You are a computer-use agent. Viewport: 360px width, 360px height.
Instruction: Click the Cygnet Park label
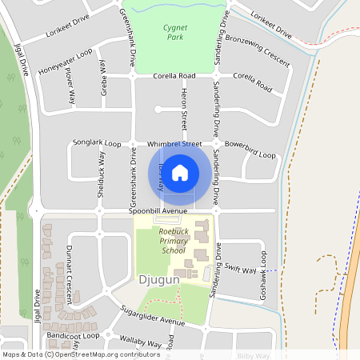pyautogui.click(x=175, y=31)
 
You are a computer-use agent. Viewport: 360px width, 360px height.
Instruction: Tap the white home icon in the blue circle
pyautogui.click(x=181, y=172)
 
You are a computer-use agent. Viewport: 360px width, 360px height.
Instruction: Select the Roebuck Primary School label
pyautogui.click(x=172, y=241)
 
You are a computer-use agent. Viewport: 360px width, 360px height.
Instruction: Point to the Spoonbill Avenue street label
pyautogui.click(x=159, y=211)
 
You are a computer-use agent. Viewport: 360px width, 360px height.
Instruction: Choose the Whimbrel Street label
pyautogui.click(x=174, y=144)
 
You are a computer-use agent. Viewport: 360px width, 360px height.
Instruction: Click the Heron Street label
pyautogui.click(x=183, y=110)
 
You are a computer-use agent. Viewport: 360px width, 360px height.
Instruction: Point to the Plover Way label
pyautogui.click(x=70, y=86)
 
